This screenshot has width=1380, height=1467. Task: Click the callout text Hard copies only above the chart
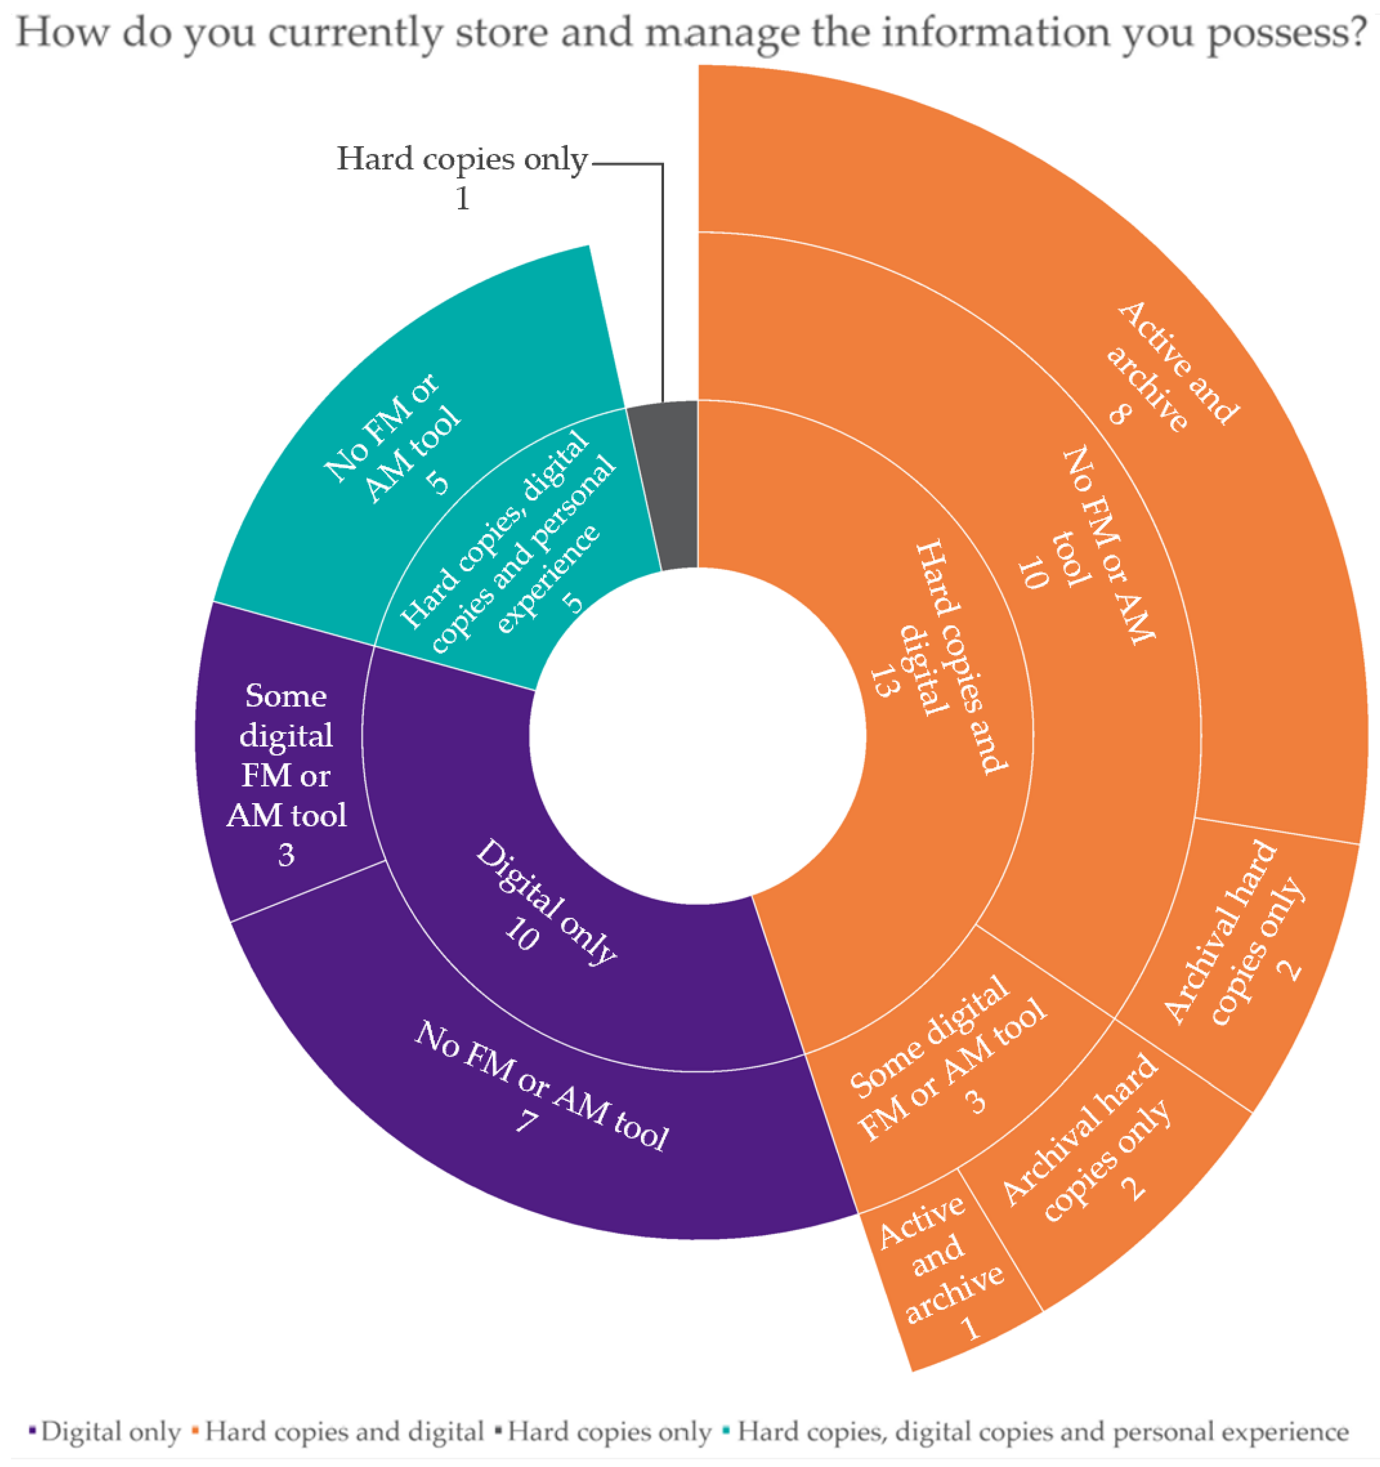coord(462,159)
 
